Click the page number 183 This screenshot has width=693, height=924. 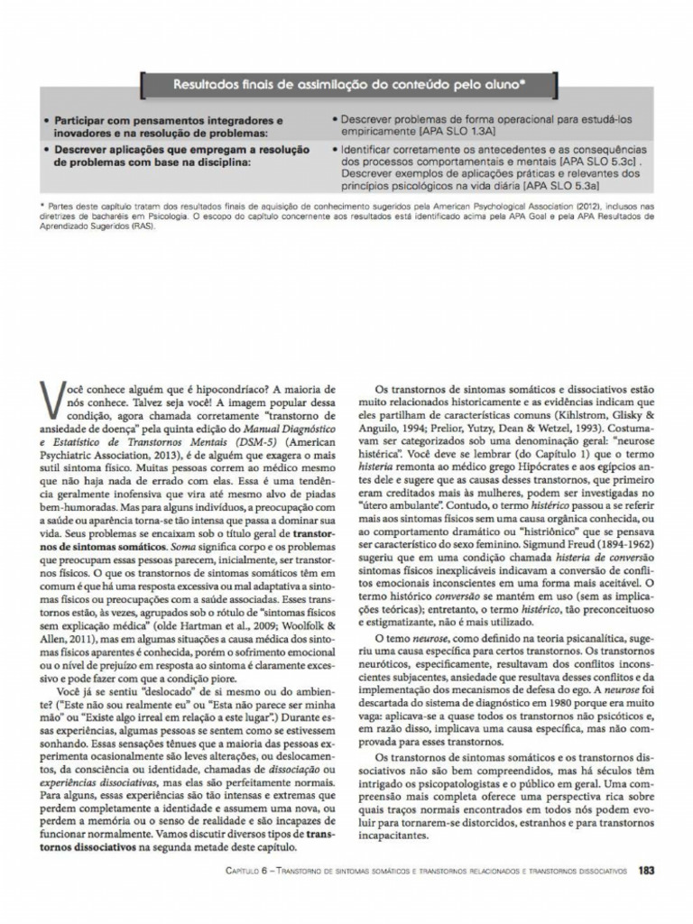point(644,872)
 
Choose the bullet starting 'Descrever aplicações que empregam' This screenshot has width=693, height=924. point(176,154)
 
